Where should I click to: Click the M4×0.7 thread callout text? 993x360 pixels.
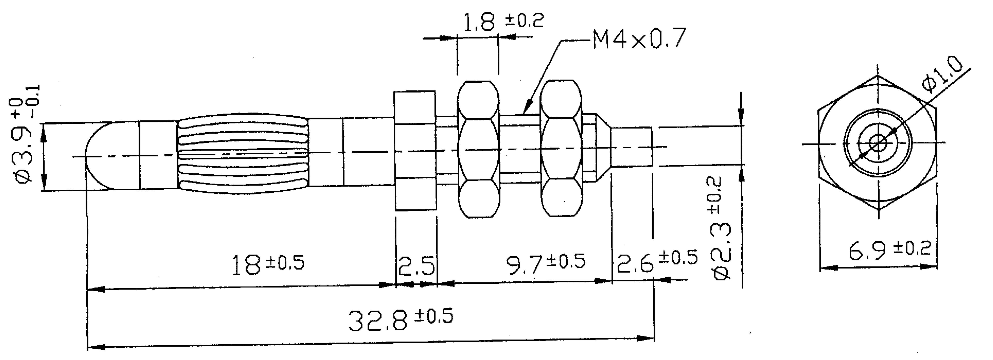tap(639, 39)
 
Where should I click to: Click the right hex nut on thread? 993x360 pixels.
tap(561, 148)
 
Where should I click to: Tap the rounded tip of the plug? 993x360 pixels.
tap(98, 156)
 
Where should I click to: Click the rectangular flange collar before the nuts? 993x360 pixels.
tap(415, 150)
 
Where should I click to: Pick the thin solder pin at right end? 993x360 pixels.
tap(631, 147)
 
